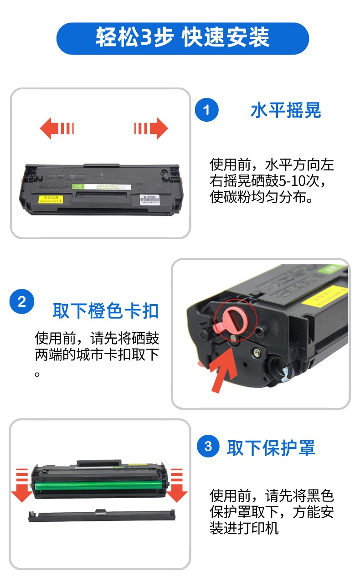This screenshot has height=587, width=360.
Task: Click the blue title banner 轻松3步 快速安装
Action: coord(182,38)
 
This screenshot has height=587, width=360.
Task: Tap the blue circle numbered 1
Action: coord(206,110)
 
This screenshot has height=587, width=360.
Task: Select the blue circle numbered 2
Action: coord(21,302)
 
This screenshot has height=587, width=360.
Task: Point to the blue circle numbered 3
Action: coord(208,446)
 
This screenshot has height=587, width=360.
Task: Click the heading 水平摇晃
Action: coord(286,111)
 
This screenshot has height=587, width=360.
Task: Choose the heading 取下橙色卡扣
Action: coord(105,311)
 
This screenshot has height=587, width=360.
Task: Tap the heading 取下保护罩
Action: coord(271,448)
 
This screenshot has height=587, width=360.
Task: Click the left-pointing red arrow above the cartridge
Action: coord(57,129)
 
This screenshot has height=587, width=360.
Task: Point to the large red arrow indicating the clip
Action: coord(225,372)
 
